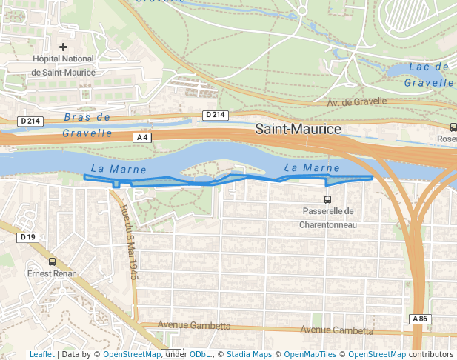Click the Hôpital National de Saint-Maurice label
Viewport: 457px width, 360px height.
63,65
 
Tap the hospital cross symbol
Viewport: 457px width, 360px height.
63,47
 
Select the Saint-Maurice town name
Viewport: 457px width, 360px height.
298,129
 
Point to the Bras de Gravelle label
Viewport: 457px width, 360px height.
87,125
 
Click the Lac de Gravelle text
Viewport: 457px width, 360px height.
430,75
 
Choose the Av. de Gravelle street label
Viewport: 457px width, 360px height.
357,101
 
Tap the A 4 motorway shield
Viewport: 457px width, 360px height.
143,138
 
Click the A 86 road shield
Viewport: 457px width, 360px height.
420,319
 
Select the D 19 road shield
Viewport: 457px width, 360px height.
28,237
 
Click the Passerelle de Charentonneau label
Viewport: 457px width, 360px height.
328,218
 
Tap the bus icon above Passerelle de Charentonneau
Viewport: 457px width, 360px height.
327,199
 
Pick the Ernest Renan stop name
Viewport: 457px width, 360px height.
52,273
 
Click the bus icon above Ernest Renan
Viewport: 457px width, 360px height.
52,261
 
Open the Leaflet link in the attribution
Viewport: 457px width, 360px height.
41,354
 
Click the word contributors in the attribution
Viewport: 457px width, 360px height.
431,354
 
